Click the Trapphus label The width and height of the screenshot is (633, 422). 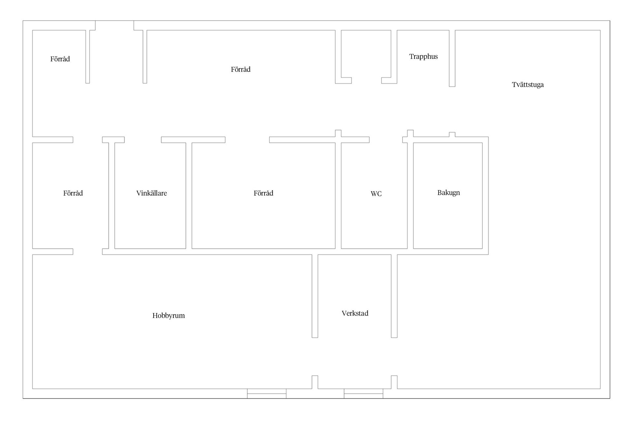point(423,57)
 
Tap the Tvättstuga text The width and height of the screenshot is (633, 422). point(527,85)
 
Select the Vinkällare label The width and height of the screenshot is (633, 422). point(152,193)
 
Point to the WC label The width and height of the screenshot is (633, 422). point(376,194)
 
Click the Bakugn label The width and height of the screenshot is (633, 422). point(449,193)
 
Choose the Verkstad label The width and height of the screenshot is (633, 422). point(355,313)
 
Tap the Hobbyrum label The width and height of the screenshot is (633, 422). point(168,316)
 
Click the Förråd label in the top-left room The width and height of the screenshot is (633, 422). point(60,59)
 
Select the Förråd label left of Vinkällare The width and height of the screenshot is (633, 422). point(73,193)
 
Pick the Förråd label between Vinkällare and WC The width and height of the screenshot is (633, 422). point(263,193)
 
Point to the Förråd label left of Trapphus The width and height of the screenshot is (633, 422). point(241,69)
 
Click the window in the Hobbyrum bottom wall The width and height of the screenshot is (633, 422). point(267,394)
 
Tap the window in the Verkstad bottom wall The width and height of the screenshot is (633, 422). point(363,394)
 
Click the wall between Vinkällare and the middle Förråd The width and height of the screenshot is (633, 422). point(189,196)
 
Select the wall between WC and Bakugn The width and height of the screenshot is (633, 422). point(410,196)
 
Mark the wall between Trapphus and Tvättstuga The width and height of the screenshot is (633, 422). point(452,58)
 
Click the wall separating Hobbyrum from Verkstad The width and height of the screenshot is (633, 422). point(315,296)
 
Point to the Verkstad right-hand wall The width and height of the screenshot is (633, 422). point(394,296)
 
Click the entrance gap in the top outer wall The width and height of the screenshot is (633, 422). point(114,25)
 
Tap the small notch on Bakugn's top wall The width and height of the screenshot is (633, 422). point(452,135)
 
